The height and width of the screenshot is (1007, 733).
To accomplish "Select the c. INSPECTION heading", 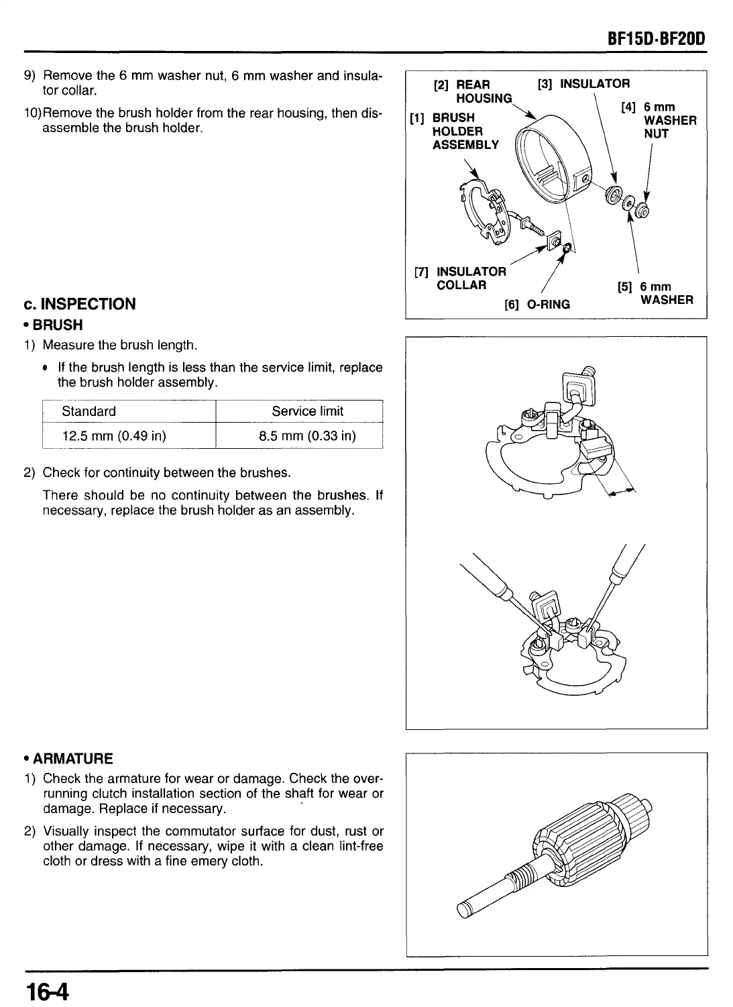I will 79,304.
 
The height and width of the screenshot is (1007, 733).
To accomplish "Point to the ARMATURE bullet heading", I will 68,759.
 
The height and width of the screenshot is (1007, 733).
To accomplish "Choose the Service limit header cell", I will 307,411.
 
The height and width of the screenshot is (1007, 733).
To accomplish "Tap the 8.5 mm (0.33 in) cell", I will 307,436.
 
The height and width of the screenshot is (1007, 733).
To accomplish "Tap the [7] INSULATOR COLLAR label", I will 461,278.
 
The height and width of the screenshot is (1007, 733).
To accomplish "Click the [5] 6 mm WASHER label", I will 655,293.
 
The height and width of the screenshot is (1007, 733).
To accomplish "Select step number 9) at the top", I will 30,76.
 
